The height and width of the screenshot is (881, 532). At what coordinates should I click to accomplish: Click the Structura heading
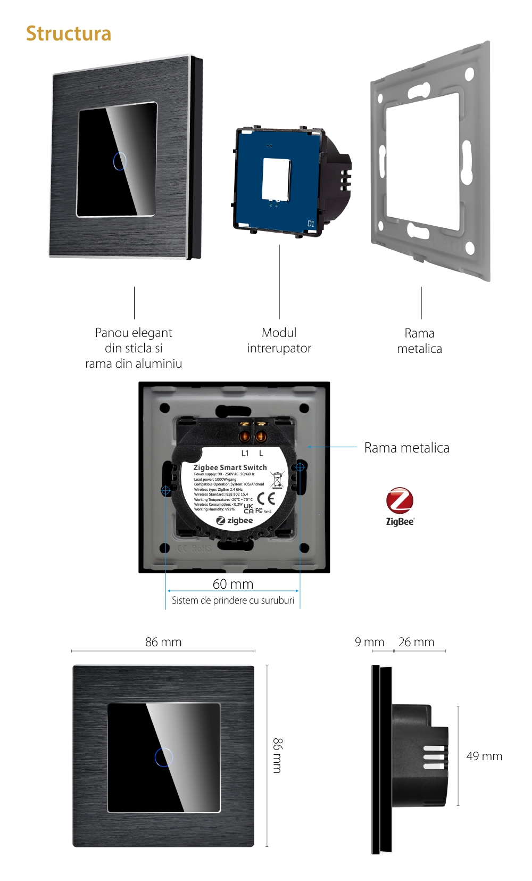point(69,34)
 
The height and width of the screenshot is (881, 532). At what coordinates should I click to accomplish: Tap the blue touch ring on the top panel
point(120,161)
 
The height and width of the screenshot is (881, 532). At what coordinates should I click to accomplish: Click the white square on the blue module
point(276,179)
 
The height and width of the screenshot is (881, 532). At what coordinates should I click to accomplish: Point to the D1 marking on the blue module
point(311,224)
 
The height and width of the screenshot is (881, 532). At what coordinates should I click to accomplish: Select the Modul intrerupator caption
point(279,341)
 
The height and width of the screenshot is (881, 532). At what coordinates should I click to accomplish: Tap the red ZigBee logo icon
point(400,500)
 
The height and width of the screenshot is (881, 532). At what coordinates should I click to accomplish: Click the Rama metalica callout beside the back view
point(406,448)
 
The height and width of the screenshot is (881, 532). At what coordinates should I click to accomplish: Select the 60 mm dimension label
point(233,584)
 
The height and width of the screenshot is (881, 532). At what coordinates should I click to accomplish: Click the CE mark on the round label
point(266,498)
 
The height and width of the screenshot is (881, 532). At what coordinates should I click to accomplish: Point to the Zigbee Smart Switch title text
point(230,467)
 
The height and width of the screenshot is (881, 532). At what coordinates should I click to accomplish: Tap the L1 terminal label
point(245,454)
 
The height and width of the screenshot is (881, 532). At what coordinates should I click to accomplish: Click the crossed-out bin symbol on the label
point(277,480)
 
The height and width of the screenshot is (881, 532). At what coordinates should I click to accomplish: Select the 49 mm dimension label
point(484,756)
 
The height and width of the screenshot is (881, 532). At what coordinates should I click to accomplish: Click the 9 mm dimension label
point(369,642)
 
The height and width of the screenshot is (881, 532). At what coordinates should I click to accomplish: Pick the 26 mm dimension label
point(416,642)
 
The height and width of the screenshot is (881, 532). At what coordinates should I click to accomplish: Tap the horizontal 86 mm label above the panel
point(163,642)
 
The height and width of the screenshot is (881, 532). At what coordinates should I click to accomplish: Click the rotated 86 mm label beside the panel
point(277,755)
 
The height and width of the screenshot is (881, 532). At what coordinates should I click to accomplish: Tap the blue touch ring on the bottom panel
point(164,757)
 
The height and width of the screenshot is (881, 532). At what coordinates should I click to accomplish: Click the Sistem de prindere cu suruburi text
point(232,600)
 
